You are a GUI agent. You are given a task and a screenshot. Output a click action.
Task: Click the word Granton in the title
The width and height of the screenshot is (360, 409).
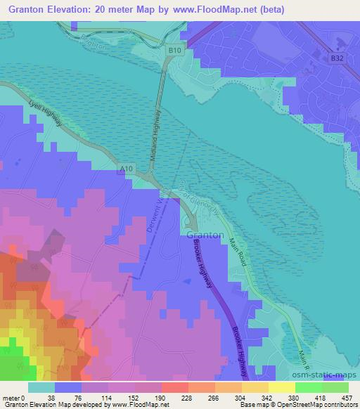30,11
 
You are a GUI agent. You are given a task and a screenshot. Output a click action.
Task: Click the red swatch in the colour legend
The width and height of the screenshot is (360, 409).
174,387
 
